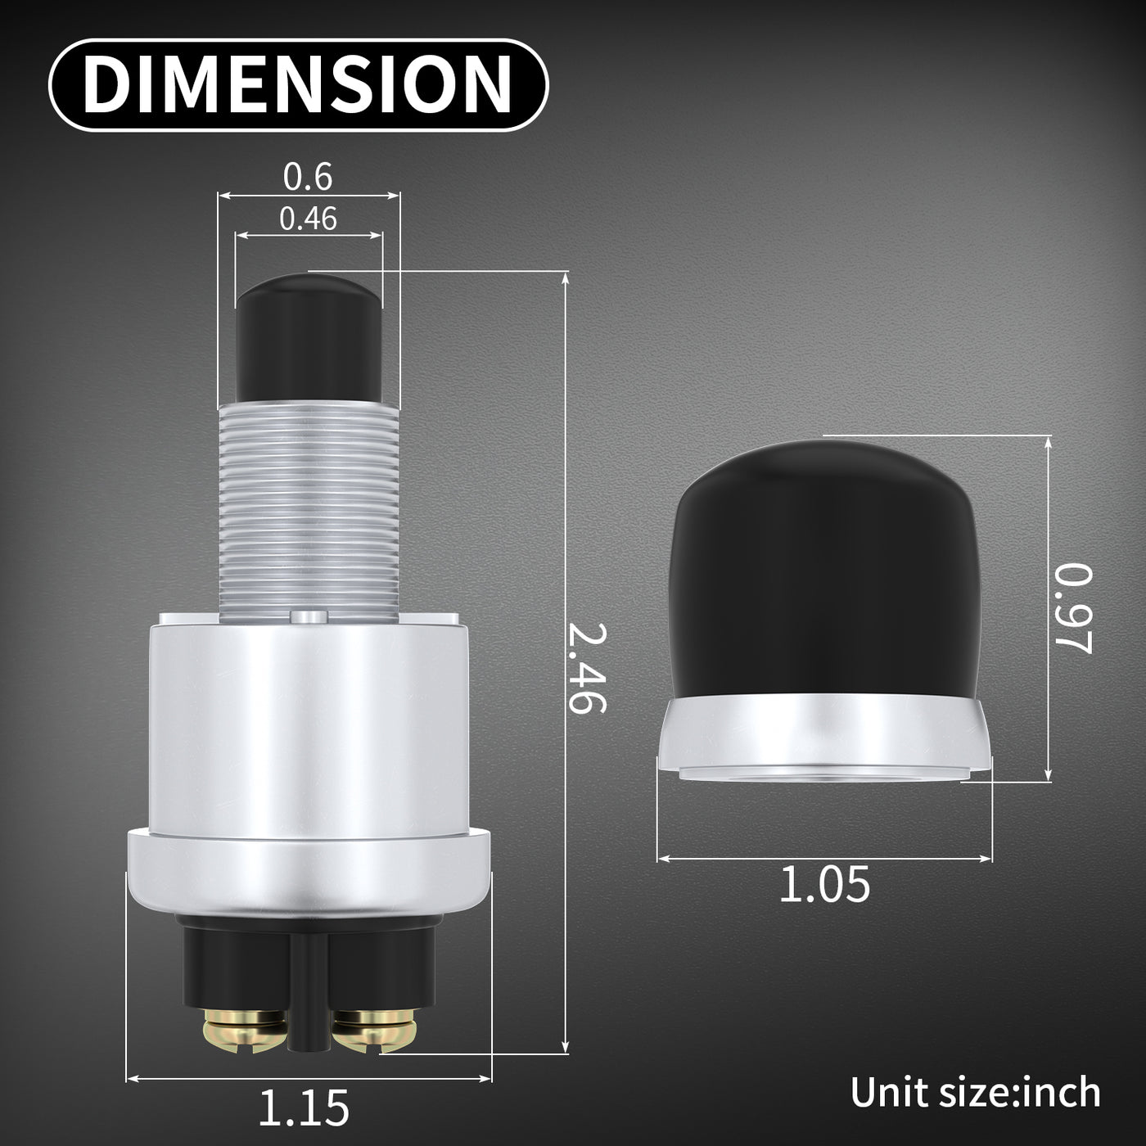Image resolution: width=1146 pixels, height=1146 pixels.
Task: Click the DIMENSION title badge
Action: [x=298, y=85]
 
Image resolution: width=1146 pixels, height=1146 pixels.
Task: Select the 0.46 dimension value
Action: [x=308, y=219]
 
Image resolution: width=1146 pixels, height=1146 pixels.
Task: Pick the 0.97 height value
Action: [x=1072, y=608]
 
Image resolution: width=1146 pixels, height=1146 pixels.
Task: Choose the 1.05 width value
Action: [x=824, y=886]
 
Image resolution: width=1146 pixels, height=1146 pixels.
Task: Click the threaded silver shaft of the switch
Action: [x=309, y=508]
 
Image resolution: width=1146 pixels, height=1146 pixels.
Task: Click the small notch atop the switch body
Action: [x=309, y=616]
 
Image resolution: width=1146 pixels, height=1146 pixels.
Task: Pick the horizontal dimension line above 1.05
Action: [x=824, y=858]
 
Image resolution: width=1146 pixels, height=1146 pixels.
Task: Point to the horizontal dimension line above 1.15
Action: [x=309, y=1077]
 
